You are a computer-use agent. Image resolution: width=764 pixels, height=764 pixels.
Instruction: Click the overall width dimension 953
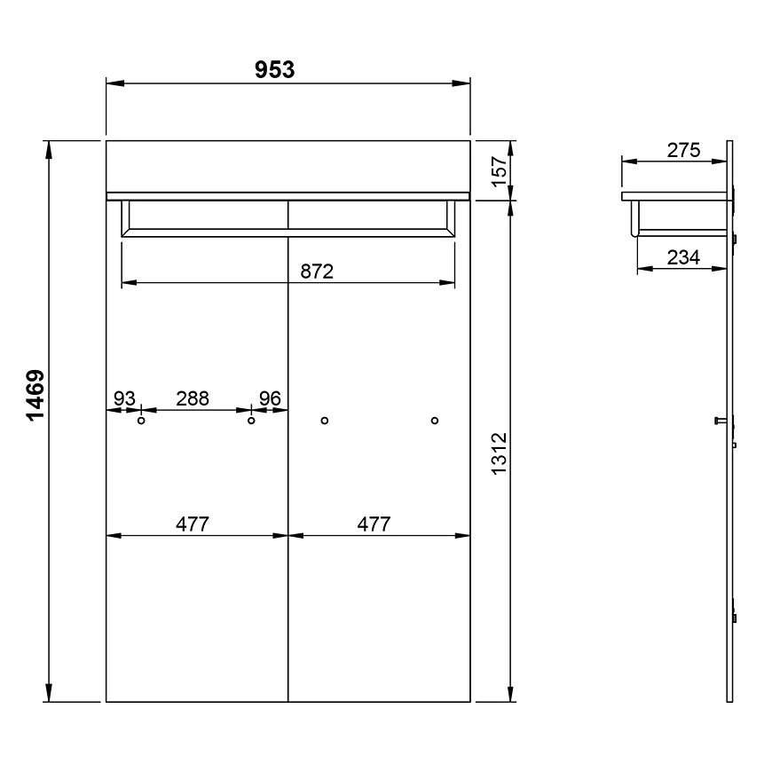tap(274, 70)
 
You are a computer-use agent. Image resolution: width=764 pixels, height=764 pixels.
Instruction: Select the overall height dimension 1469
tap(35, 395)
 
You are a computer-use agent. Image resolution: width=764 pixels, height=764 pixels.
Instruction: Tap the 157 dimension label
tap(500, 171)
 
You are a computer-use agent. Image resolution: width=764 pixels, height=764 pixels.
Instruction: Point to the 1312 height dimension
tap(500, 453)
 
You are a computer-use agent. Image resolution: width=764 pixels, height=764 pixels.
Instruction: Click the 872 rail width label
tap(317, 272)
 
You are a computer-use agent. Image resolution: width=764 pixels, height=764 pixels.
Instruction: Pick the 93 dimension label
tap(124, 398)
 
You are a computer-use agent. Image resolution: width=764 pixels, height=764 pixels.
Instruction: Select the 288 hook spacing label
tap(193, 398)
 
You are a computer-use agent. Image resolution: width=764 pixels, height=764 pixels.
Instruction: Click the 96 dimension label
tap(270, 398)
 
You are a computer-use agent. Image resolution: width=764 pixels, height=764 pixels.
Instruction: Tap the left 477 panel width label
tap(193, 524)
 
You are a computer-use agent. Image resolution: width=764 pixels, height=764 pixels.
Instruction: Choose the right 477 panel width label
tap(374, 524)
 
